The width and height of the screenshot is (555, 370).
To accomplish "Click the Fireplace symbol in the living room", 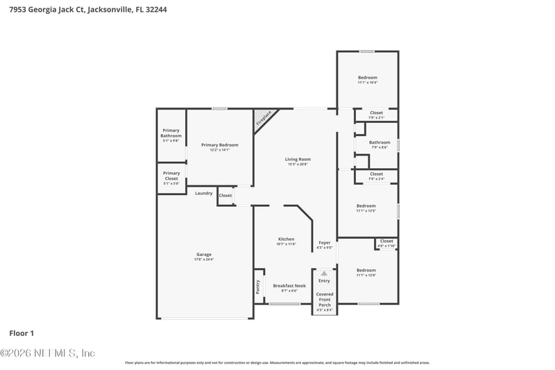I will tap(264, 117).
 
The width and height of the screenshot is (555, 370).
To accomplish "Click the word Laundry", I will tap(203, 193).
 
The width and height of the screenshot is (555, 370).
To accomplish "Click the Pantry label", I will tap(258, 287).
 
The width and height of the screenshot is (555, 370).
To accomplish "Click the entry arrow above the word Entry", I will tap(324, 274).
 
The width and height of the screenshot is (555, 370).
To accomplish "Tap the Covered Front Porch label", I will tap(324, 300).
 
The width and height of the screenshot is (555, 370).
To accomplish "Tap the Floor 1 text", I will tap(21, 333).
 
